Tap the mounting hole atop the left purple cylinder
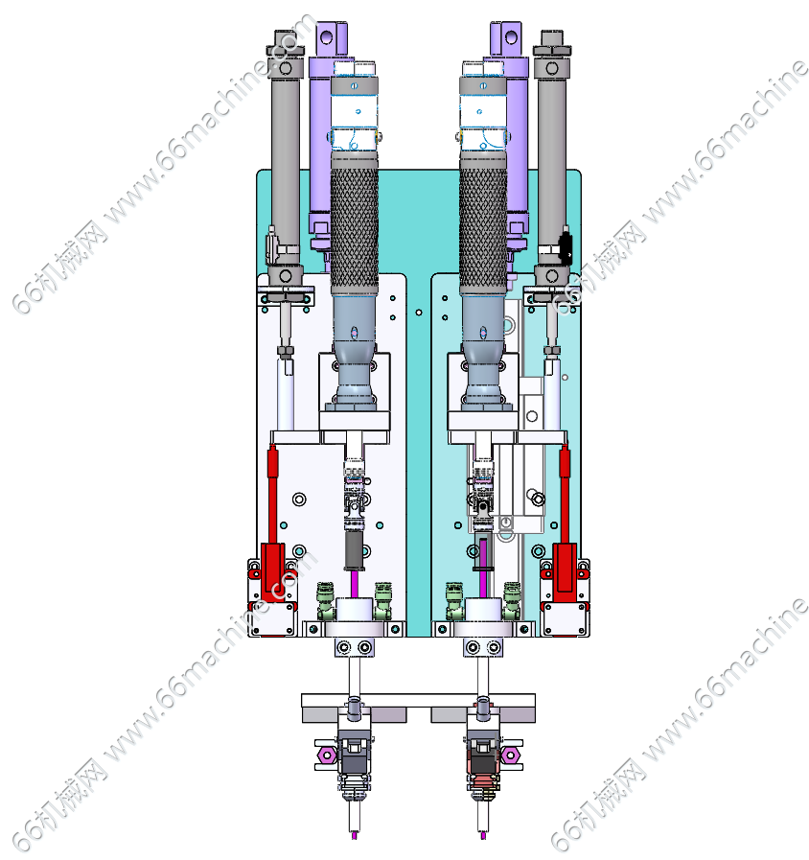tap(326, 37)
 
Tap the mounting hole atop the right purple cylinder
tap(511, 37)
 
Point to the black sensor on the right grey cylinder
tap(565, 245)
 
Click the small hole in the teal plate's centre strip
tap(419, 313)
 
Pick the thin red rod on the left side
tap(272, 495)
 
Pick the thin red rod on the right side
tap(565, 495)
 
